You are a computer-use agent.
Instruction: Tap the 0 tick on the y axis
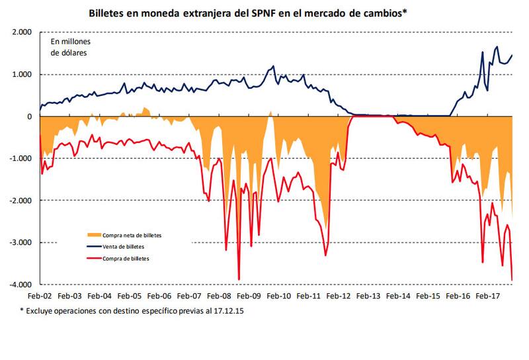click(29, 116)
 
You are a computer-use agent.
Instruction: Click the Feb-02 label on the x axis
click(40, 297)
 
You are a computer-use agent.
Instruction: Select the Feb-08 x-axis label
click(218, 297)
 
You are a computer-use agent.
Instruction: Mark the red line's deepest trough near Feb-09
click(239, 279)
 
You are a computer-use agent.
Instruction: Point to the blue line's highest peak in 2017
click(497, 47)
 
